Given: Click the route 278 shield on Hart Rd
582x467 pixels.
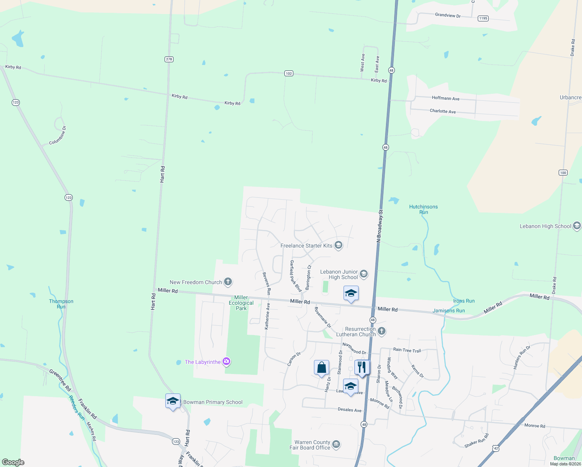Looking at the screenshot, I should tap(169, 59).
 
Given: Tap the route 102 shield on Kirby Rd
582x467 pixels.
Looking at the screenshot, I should tap(289, 73).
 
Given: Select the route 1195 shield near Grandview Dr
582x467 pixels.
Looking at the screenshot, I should tap(483, 18).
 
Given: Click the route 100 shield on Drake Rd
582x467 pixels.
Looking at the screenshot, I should tap(563, 172).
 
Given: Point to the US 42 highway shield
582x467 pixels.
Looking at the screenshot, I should tap(496, 448).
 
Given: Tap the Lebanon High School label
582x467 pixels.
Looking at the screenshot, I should tap(545, 226).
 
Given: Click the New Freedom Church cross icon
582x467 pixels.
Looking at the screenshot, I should tap(228, 282).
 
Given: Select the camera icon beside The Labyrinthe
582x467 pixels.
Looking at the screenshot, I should tap(226, 362).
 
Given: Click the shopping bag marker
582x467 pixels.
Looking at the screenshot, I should tap(322, 367).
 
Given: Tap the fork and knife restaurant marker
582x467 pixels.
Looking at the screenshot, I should tap(362, 367).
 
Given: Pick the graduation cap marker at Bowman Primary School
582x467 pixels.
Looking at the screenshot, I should tap(173, 401).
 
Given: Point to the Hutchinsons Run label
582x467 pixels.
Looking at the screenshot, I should tap(423, 209).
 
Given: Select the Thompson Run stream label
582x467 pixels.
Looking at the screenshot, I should tap(61, 304).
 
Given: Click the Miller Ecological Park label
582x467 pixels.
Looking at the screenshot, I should tap(241, 303).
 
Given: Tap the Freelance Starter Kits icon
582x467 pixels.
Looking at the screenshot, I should tap(338, 245).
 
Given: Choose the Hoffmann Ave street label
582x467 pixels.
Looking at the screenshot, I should tap(445, 98).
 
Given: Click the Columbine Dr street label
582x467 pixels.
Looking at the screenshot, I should tap(58, 135).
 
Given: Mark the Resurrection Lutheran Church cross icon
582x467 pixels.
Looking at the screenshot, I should tap(382, 331).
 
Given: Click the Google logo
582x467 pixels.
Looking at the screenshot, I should tap(13, 462).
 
